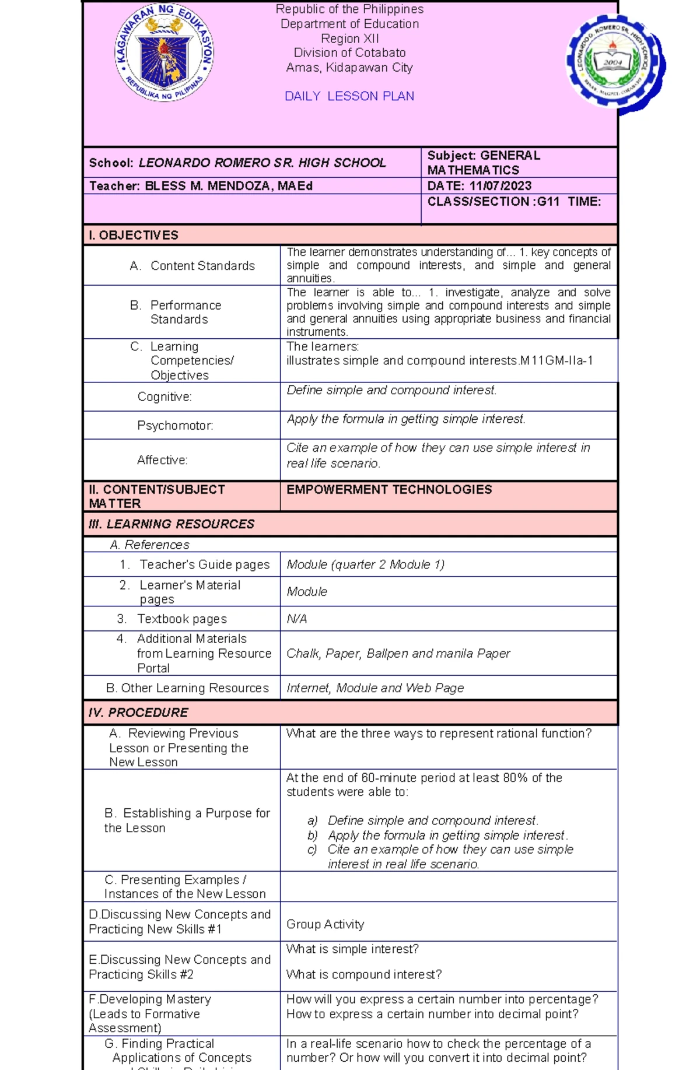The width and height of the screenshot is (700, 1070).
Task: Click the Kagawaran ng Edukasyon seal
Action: (165, 53)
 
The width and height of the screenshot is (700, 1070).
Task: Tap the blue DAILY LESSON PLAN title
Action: (349, 96)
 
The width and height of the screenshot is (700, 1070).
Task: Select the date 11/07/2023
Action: (500, 186)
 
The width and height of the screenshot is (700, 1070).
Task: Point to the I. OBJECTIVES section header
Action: (134, 235)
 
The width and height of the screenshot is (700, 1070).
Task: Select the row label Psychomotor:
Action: (175, 426)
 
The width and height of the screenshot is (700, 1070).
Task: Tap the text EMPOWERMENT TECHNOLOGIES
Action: (389, 490)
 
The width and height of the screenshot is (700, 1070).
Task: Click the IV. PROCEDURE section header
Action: (138, 713)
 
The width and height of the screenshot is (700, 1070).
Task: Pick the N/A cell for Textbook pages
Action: (296, 619)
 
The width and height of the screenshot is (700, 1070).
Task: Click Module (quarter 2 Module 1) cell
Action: (365, 564)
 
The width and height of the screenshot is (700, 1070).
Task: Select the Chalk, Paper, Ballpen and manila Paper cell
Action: (398, 654)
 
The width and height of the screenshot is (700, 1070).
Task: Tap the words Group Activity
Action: (325, 924)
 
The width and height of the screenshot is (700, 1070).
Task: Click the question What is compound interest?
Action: (363, 974)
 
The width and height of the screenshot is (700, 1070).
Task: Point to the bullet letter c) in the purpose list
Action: (311, 850)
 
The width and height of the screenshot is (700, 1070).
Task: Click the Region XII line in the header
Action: (349, 38)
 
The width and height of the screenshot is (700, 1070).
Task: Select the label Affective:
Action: (162, 461)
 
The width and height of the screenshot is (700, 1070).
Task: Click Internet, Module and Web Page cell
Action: (374, 688)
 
